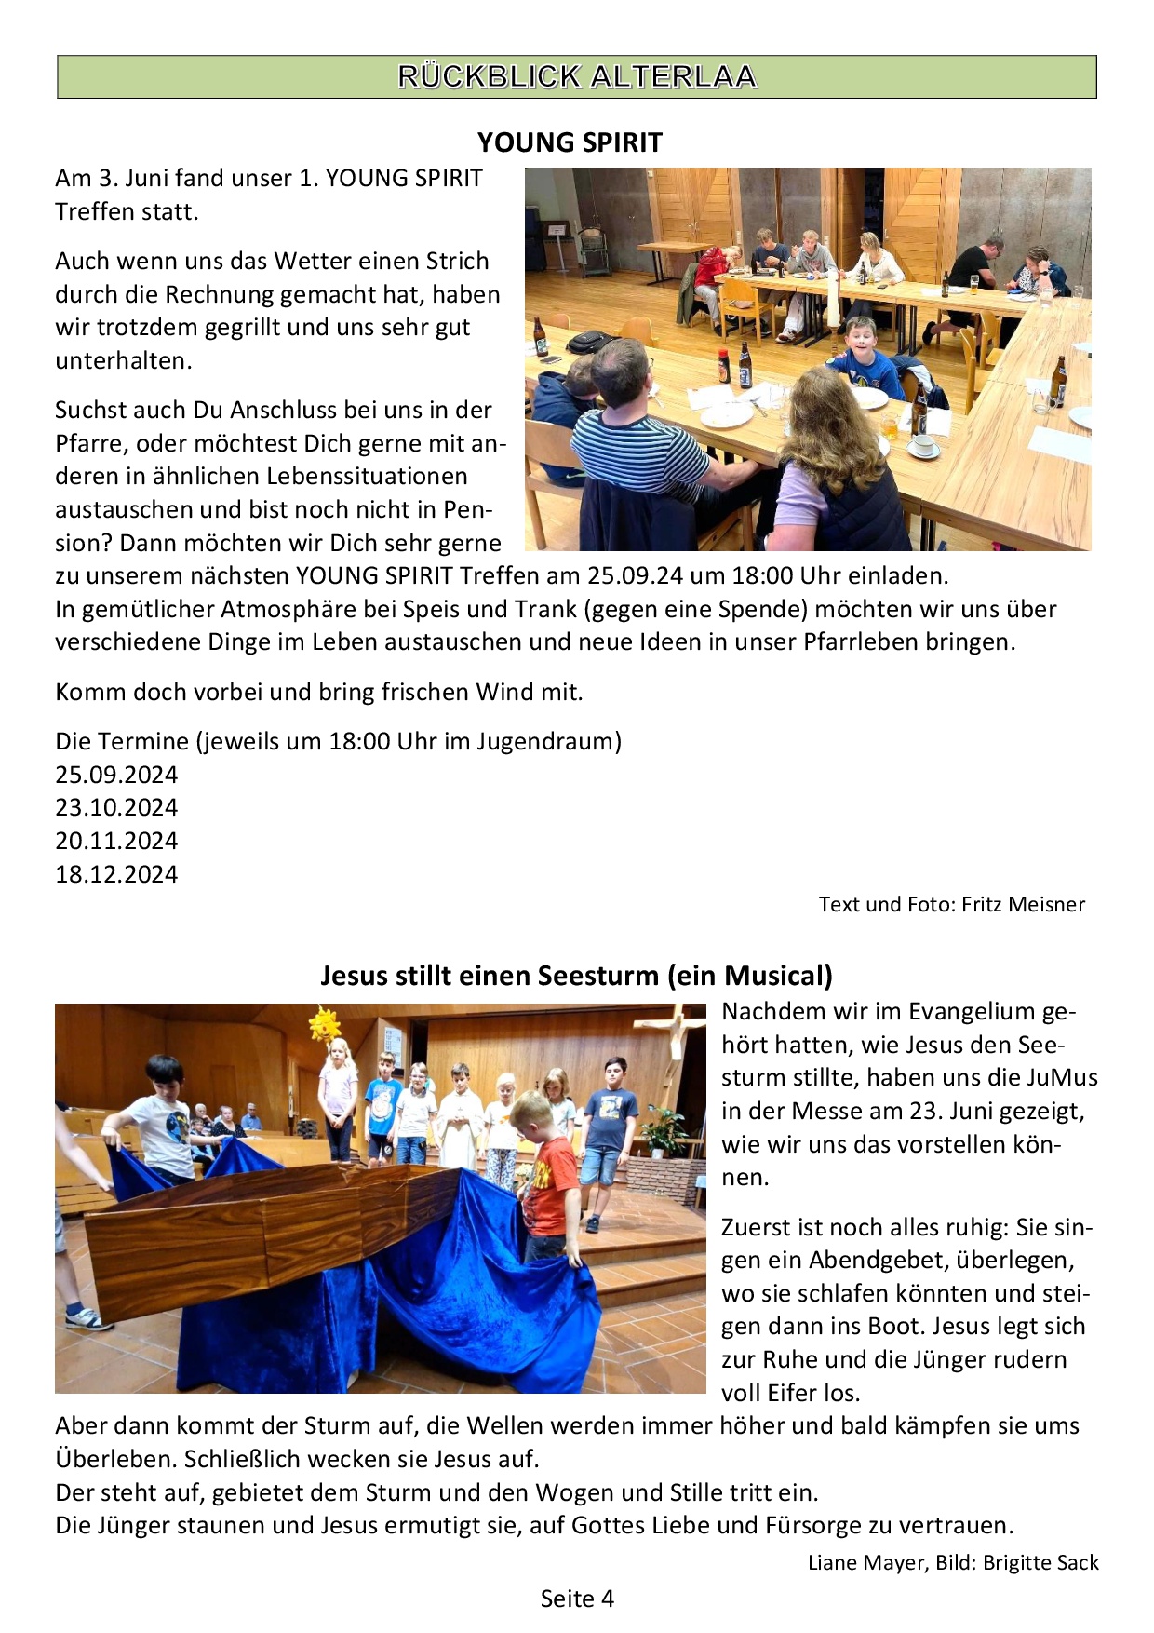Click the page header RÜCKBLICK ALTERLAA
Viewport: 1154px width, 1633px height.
(577, 76)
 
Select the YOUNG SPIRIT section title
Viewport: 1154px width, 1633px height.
(570, 142)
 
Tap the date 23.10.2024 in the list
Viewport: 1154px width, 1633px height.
(116, 807)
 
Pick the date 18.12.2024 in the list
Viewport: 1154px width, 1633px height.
(116, 874)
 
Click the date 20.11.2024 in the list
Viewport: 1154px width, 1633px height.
(116, 841)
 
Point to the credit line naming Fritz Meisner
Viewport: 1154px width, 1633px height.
(951, 904)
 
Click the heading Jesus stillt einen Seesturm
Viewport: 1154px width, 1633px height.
(576, 975)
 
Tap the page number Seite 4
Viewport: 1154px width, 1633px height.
(577, 1599)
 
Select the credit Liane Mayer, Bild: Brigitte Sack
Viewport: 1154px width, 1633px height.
(953, 1562)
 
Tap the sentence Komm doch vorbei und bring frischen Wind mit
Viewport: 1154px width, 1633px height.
(319, 692)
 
